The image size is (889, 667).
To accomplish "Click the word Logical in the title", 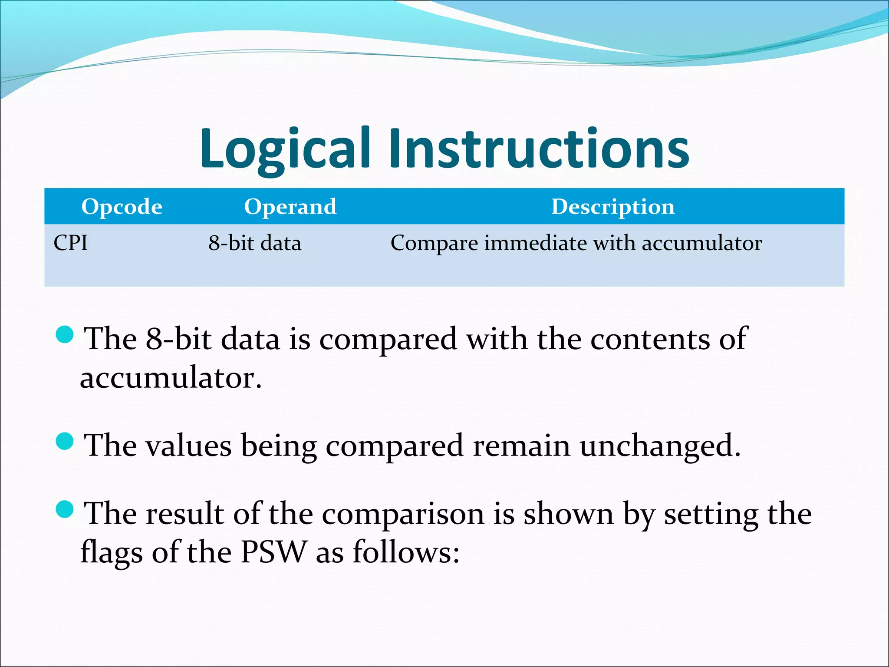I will tap(284, 149).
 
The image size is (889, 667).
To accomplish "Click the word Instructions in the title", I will tap(538, 149).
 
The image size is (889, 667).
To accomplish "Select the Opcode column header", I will tap(122, 207).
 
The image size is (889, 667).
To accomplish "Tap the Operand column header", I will tap(290, 207).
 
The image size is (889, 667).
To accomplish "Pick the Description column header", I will tap(613, 207).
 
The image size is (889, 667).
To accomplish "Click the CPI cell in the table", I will tap(71, 243).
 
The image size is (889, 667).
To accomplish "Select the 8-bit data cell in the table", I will tap(255, 243).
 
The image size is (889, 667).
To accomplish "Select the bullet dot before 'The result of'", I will tap(65, 509).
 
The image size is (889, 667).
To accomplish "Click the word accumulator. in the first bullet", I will tap(171, 378).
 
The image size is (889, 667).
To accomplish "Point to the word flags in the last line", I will tap(112, 553).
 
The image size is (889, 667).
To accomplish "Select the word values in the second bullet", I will tap(188, 446).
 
